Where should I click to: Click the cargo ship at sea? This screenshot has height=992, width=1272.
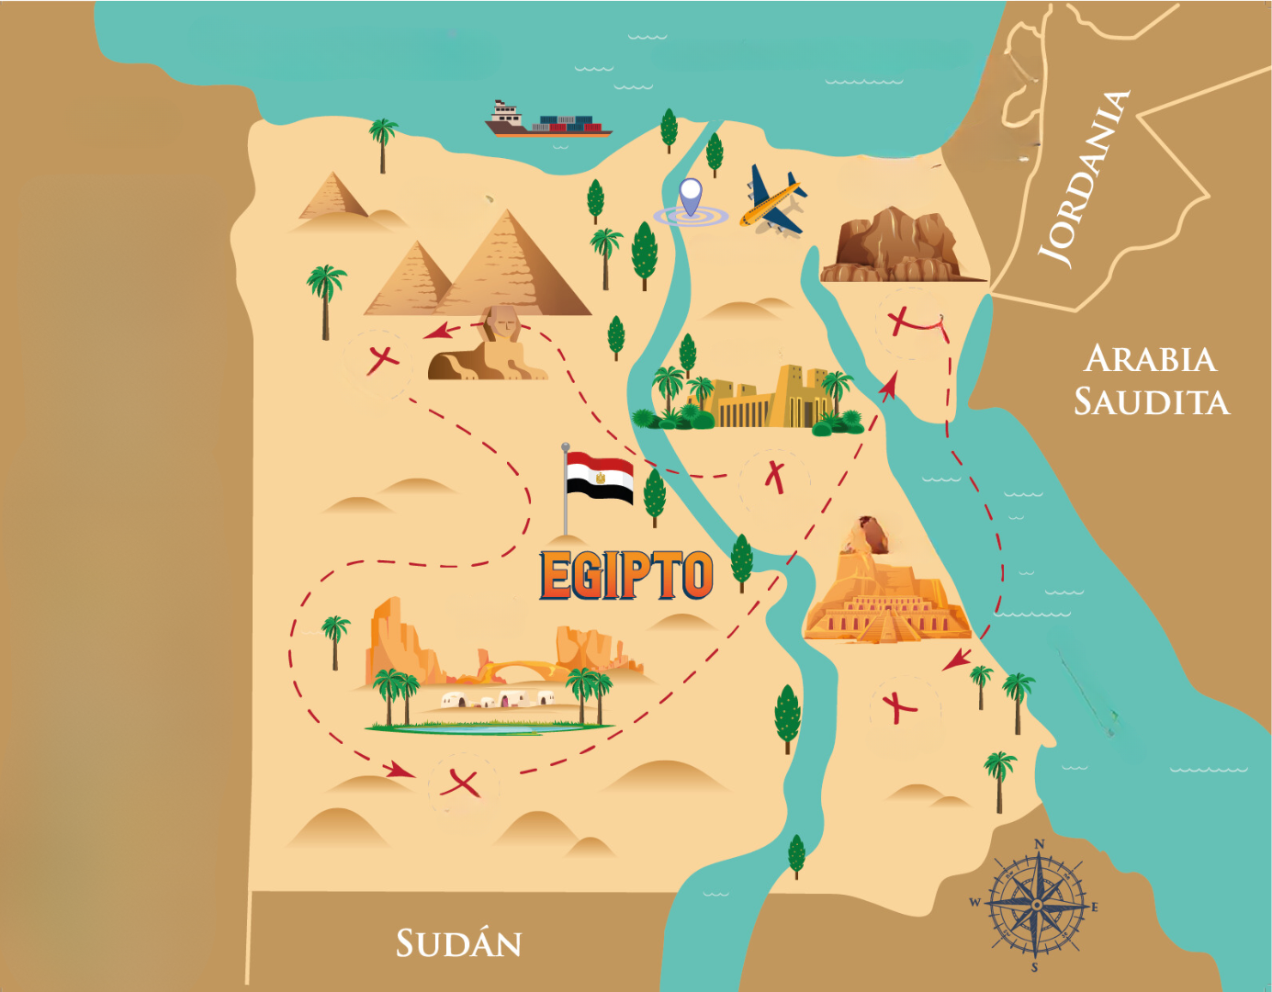(547, 121)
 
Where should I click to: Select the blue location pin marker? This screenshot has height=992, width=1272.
(690, 195)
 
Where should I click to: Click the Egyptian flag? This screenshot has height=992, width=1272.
(599, 479)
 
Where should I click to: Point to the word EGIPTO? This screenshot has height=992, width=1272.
(626, 576)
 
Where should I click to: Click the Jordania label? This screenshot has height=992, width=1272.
(1084, 179)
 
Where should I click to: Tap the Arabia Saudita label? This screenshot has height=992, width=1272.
(1151, 380)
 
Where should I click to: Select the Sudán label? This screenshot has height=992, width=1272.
(458, 944)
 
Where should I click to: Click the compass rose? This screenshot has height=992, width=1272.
(1036, 905)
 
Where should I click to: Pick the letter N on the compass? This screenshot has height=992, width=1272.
(1040, 844)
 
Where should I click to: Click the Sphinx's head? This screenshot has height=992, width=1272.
(501, 322)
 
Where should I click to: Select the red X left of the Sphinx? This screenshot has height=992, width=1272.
(381, 357)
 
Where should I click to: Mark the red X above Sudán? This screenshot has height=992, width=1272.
(460, 783)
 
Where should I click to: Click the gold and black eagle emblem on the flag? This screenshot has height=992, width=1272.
(600, 478)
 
